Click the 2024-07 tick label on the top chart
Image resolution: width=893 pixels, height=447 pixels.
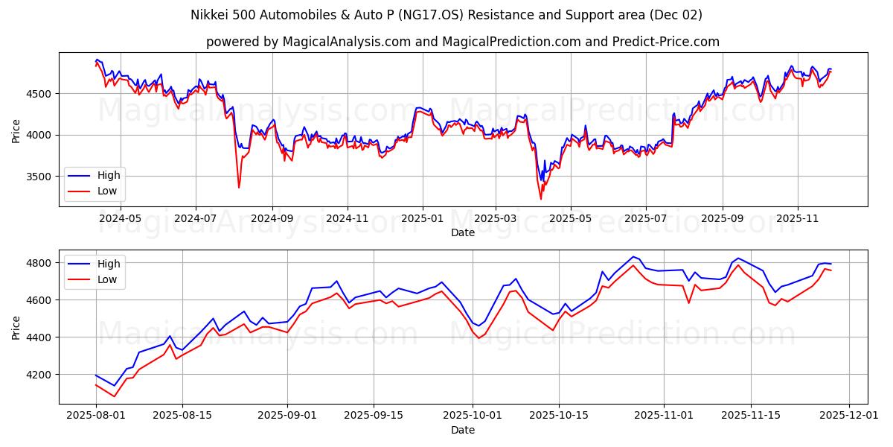[196, 218]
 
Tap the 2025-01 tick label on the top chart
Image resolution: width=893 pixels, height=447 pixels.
[423, 218]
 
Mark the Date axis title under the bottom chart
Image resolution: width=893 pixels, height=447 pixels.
[463, 430]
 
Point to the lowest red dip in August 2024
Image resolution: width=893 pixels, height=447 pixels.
[239, 188]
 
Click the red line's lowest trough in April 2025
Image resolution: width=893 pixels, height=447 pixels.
[541, 199]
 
